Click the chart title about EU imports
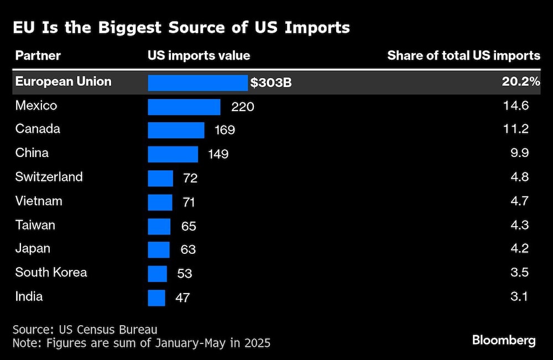coord(181,28)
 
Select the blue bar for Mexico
coord(184,107)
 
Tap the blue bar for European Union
coord(197,82)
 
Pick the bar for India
coord(156,298)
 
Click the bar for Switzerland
coord(160,178)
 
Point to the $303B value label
coord(271,83)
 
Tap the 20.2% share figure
coord(520,82)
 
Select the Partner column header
coord(38,55)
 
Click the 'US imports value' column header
coord(199,55)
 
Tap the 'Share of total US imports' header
coord(463,55)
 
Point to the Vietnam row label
coord(39,201)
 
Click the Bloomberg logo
coord(504,340)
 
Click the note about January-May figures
coord(142,343)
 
